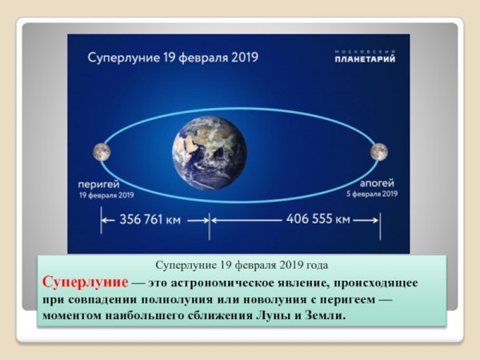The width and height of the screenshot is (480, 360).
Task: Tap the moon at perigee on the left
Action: click(102, 151)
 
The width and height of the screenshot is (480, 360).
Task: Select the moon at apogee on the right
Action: click(378, 150)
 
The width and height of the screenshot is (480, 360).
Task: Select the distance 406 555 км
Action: click(318, 218)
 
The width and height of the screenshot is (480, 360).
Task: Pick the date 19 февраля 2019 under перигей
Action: click(106, 194)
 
